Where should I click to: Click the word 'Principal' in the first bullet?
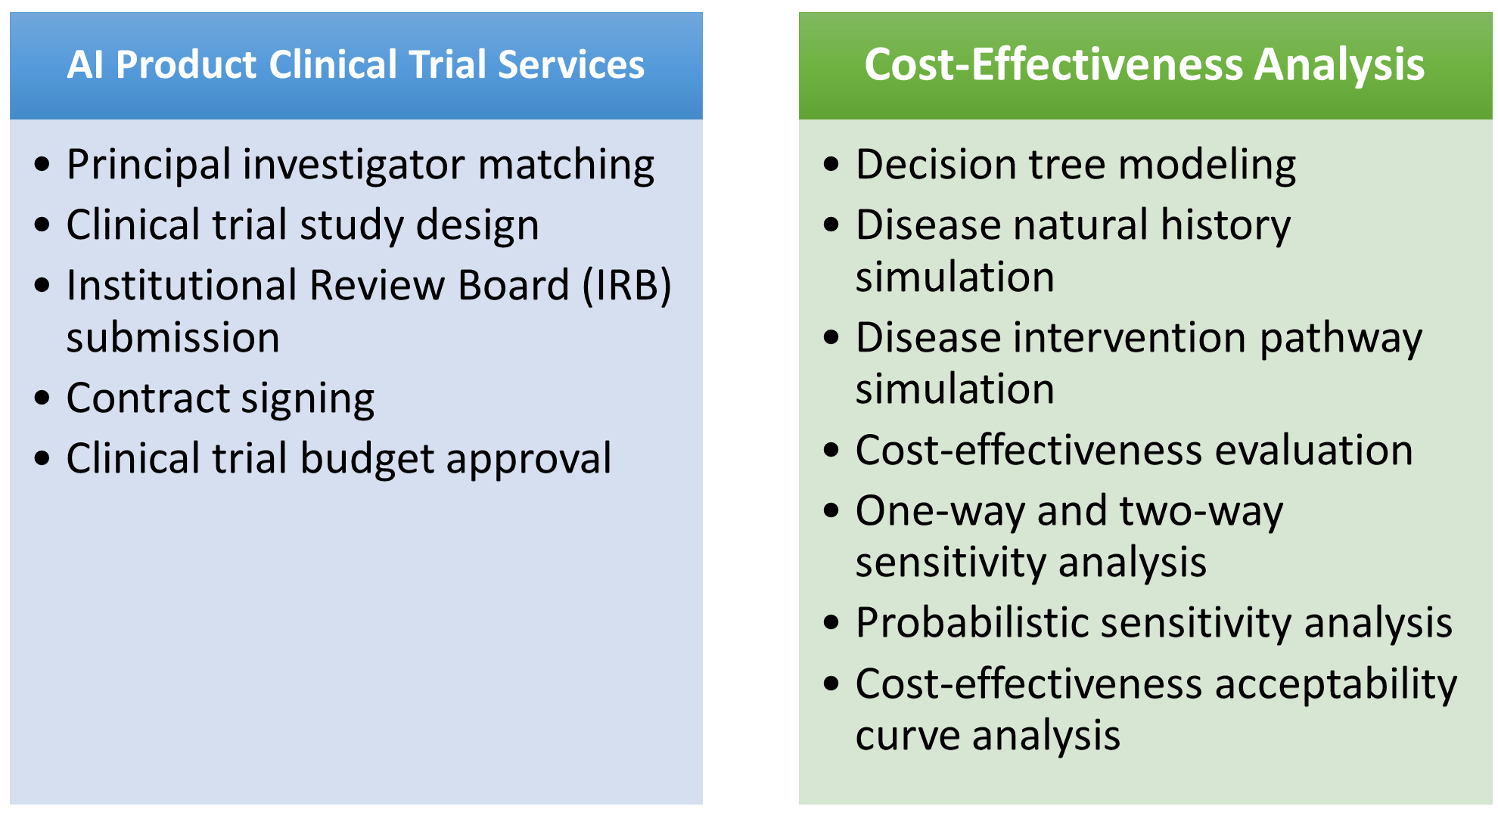148,165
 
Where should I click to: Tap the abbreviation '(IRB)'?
626,286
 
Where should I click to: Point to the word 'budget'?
367,459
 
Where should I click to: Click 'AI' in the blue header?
85,64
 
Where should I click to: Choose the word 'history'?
1226,226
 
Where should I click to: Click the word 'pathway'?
1341,338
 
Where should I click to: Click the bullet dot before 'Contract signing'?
42,398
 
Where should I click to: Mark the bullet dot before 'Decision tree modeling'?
831,164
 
